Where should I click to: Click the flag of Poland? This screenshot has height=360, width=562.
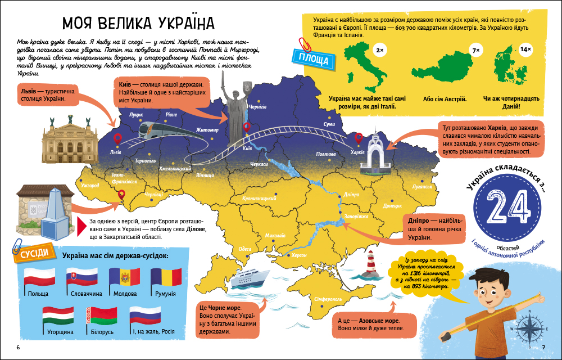tap(39, 276)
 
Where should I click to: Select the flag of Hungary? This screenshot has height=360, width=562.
tap(58, 315)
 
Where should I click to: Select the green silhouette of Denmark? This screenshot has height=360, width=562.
tap(510, 70)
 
